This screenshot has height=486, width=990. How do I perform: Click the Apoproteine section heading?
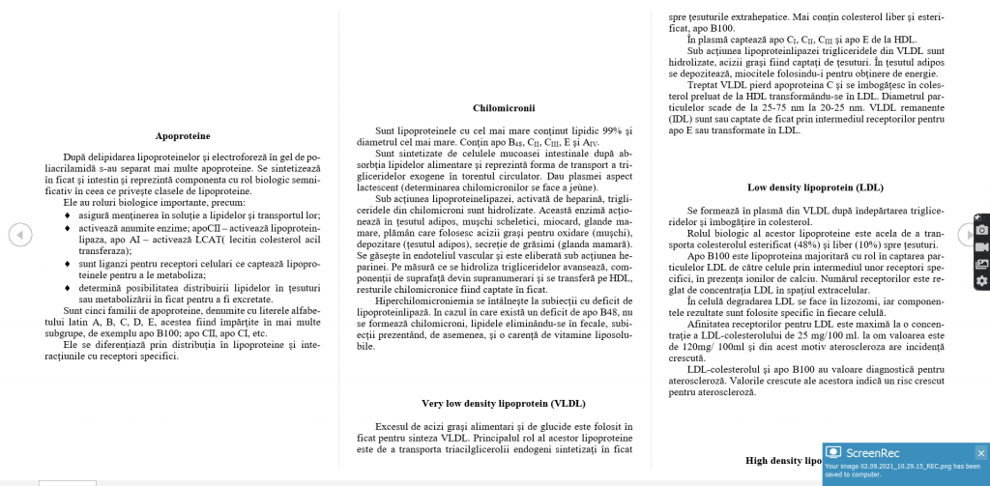pos(183,136)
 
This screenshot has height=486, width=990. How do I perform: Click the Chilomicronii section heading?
pos(503,108)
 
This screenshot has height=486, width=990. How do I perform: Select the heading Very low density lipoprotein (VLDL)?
pos(503,403)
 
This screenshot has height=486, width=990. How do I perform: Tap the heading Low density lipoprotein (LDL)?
pos(814,187)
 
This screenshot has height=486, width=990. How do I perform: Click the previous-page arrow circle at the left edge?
pos(19,234)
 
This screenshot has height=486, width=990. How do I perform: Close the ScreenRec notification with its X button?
pos(980,452)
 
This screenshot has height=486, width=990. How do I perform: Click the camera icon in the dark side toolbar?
pos(982,229)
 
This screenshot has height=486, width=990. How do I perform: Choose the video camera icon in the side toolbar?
pos(982,246)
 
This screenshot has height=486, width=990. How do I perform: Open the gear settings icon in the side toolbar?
pos(982,280)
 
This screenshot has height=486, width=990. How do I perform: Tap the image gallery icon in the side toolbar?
pos(982,264)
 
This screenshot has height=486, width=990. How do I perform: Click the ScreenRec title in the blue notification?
pos(873,452)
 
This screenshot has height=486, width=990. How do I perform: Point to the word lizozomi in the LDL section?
pos(852,301)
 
